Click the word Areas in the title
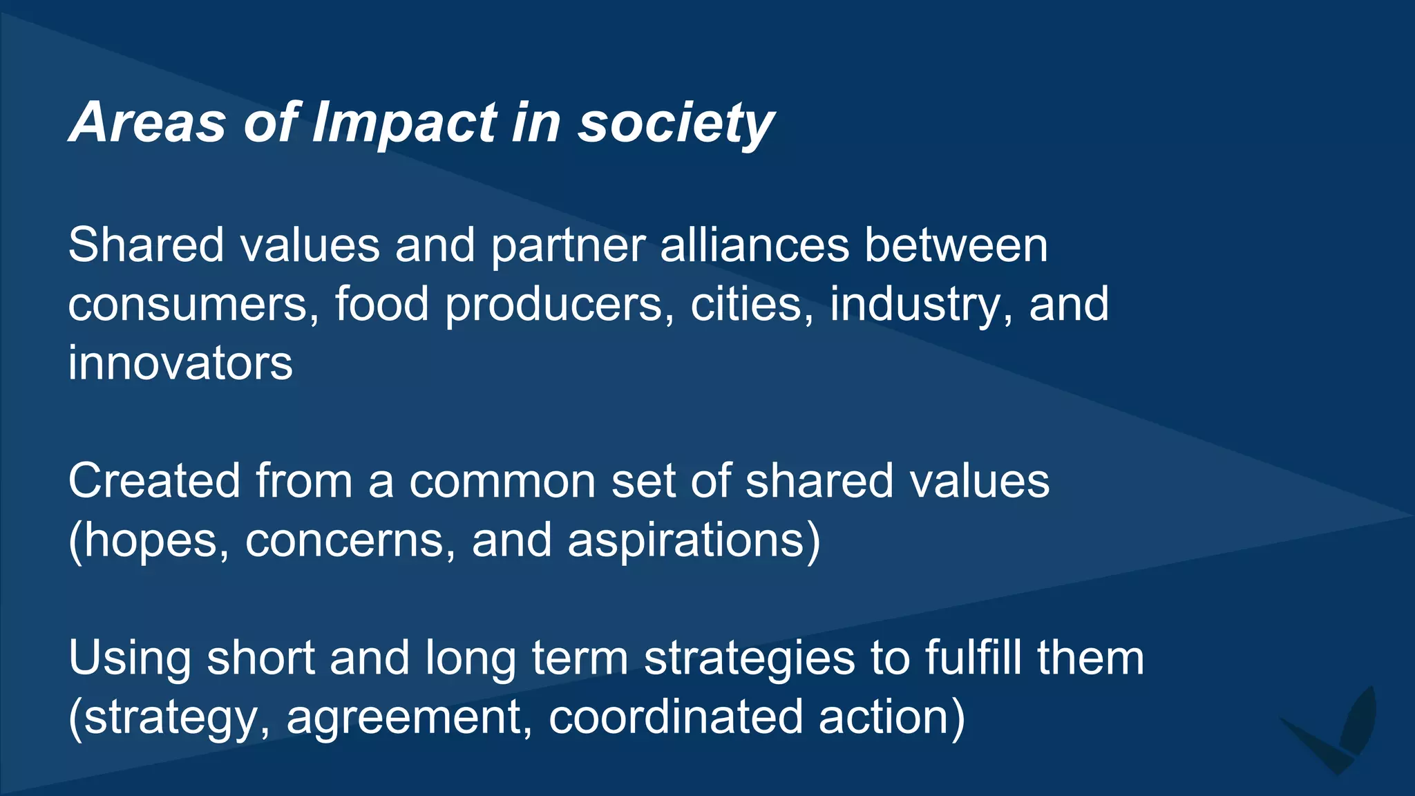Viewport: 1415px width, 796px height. tap(148, 123)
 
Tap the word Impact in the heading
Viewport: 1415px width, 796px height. tap(405, 123)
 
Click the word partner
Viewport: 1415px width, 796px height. tap(568, 247)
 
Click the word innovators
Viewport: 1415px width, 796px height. tap(180, 363)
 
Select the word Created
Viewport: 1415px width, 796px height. tap(154, 481)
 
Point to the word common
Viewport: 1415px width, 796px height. tap(502, 482)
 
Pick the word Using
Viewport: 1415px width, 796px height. tap(130, 658)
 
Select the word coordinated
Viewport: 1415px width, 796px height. tap(676, 717)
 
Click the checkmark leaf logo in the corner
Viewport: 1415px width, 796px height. tap(1334, 732)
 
